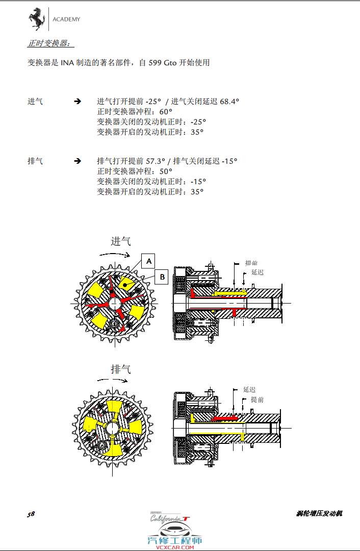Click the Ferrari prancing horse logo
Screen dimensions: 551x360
[36, 20]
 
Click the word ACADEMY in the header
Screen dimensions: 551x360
[66, 20]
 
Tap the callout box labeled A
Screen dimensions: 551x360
[148, 261]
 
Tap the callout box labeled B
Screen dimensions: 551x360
[162, 277]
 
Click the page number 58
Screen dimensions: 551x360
[31, 514]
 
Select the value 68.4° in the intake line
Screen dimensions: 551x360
[229, 102]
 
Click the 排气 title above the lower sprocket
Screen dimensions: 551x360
[121, 369]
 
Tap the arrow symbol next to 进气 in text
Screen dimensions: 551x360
[78, 102]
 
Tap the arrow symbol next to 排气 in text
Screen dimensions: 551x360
[78, 161]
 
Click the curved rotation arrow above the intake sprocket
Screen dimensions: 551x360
[115, 253]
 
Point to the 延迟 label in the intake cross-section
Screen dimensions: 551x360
[258, 272]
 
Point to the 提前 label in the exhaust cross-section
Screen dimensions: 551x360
[258, 399]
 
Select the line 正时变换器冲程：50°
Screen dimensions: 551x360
[135, 171]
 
